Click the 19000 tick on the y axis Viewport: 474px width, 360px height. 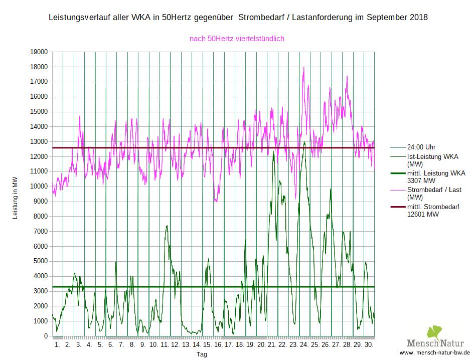point(39,52)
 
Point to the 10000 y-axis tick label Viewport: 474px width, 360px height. point(39,187)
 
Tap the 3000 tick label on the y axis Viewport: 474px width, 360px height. point(40,291)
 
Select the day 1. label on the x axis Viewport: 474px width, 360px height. point(57,345)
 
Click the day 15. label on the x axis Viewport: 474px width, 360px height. point(207,345)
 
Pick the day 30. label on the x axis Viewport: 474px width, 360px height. point(368,345)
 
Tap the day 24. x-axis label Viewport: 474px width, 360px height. point(304,345)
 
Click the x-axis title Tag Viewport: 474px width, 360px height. point(202,354)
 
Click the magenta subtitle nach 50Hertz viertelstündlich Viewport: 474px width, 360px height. point(237,39)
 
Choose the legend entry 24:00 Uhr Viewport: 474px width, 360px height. point(421,147)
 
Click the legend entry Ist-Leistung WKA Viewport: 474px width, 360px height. point(432,156)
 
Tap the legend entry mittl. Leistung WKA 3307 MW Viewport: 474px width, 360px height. point(436,177)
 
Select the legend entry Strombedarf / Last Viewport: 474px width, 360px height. point(434,190)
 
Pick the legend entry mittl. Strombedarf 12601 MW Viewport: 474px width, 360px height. point(433,210)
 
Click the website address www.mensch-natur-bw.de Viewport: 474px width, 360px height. point(435,352)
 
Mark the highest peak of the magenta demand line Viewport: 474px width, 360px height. point(304,68)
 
